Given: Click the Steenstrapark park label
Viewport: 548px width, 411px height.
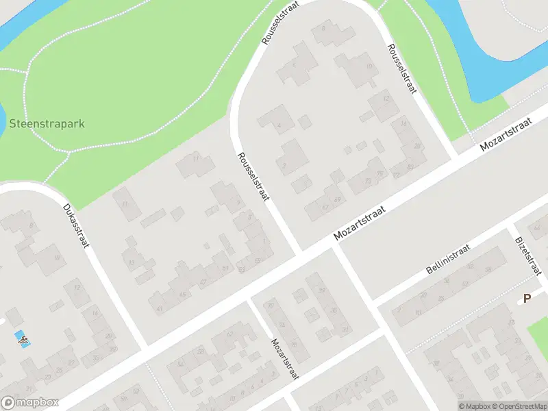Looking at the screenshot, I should tap(47, 125).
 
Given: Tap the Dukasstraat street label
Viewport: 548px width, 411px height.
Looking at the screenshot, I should tap(77, 226).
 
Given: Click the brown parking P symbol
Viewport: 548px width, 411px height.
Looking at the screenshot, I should tap(527, 298).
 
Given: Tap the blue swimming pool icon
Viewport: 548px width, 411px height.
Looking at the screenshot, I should tap(22, 338).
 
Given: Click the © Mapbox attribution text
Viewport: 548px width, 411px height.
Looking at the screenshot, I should tap(475, 406).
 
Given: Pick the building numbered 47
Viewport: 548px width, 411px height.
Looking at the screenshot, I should tap(203, 282).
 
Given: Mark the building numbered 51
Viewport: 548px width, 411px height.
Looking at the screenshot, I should tap(225, 268).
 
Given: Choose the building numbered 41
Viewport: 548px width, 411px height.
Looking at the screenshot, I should tap(160, 308).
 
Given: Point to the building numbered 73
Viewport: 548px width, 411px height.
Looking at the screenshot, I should tap(369, 180).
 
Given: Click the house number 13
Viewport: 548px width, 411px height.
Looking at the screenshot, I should tap(131, 262).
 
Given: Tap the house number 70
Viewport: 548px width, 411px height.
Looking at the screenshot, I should tap(271, 306).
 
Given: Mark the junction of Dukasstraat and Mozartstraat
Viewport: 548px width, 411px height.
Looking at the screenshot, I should tap(145, 347).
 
